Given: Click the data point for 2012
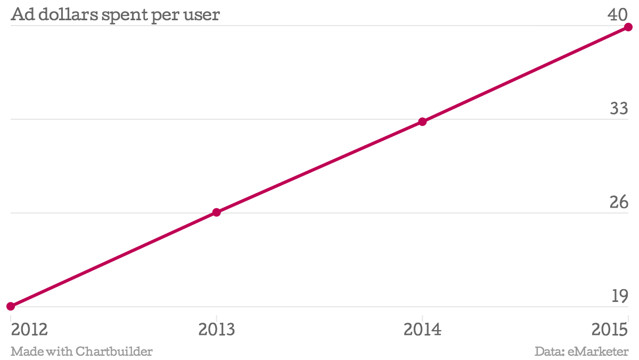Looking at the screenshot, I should (x=11, y=306).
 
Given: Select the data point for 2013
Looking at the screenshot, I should (x=216, y=212).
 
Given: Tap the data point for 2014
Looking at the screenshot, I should (x=422, y=121).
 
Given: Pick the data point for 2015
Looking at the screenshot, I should (x=628, y=27).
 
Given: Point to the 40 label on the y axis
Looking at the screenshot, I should (x=619, y=15).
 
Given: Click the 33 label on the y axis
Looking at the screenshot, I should (x=619, y=109).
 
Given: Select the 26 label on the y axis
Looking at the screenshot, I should (x=619, y=202).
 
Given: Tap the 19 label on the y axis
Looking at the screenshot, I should (x=619, y=296).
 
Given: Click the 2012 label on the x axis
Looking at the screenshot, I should (x=29, y=329).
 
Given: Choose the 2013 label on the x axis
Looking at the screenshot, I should (x=216, y=329).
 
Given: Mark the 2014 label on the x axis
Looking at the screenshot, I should (x=422, y=329).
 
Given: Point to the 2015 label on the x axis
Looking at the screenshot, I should (x=610, y=329).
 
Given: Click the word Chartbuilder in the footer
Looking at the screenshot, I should (x=114, y=351).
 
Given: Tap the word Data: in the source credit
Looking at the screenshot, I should (x=550, y=351).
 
